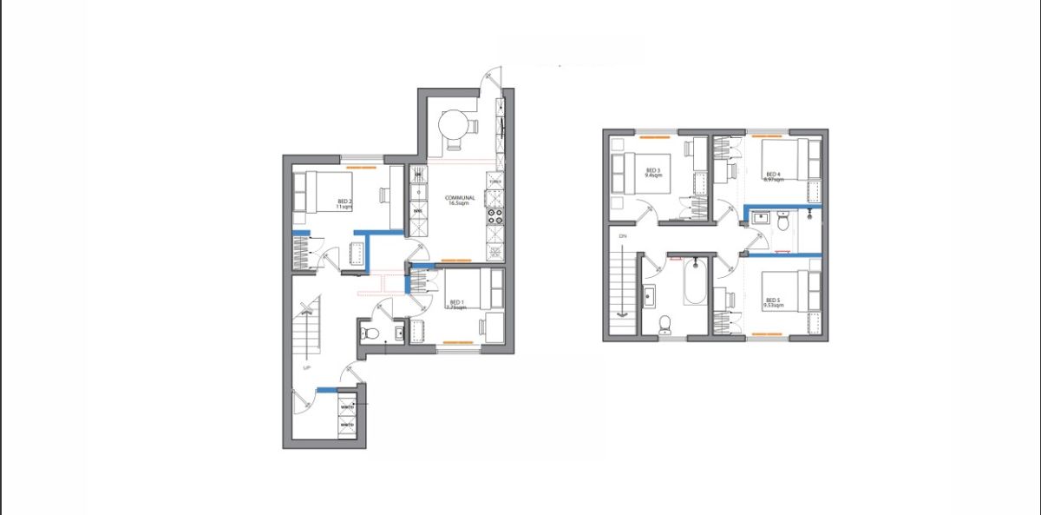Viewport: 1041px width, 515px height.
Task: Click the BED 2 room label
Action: tap(345, 201)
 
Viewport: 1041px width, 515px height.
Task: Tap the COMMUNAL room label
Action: tap(458, 197)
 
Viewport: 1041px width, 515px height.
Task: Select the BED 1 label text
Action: tap(455, 302)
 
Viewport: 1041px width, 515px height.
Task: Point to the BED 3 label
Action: tap(652, 169)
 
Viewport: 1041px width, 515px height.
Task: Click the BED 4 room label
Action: tap(772, 174)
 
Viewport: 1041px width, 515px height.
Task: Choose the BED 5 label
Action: tap(772, 300)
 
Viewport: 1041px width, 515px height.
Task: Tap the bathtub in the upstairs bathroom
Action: tap(695, 282)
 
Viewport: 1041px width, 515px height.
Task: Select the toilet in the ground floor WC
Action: tap(370, 333)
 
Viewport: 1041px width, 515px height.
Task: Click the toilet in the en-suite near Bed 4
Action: tap(782, 223)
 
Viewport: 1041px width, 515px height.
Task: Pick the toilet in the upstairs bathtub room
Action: tap(665, 323)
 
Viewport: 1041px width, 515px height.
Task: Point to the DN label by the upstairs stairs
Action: tap(622, 236)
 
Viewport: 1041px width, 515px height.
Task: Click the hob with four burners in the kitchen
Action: tap(495, 215)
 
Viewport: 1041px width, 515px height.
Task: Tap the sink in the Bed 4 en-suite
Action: tap(761, 218)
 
